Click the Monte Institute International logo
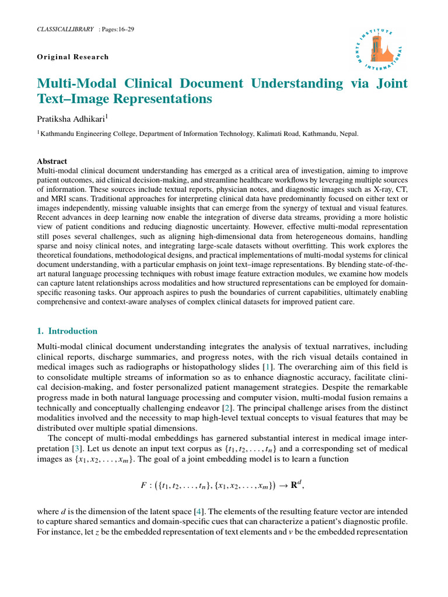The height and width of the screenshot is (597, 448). [380, 52]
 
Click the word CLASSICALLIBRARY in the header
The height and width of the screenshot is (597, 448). [65, 29]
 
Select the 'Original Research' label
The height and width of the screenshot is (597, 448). [73, 57]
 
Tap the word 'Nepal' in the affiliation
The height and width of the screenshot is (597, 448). [348, 134]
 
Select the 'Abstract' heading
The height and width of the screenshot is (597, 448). [52, 161]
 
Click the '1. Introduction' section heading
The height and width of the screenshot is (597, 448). [67, 331]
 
